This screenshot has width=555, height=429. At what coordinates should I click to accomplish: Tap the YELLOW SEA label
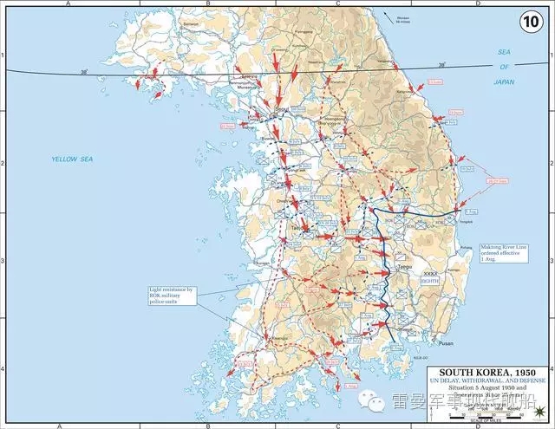tap(73, 159)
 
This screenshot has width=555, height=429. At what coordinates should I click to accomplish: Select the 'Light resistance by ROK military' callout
tap(173, 295)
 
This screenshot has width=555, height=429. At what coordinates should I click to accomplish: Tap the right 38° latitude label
tap(441, 65)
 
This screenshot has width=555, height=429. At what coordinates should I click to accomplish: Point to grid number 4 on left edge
tap(3, 368)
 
